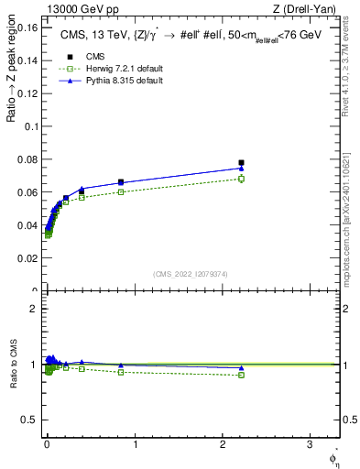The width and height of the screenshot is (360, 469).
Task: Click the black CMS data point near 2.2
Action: (241, 163)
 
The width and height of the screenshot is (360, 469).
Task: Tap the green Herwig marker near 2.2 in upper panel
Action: (241, 179)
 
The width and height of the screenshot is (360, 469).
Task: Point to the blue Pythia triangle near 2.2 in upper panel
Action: (241, 168)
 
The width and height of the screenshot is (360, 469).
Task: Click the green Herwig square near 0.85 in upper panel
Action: (121, 192)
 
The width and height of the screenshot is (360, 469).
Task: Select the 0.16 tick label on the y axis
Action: (26, 27)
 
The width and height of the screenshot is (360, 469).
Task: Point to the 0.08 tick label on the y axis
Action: (26, 160)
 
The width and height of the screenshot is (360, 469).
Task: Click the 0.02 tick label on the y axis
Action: (26, 259)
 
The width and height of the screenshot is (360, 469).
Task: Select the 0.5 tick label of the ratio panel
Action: (28, 420)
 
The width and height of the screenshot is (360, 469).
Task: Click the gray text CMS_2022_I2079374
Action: (190, 273)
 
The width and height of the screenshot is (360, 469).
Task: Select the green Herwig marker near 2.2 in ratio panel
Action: (241, 375)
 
